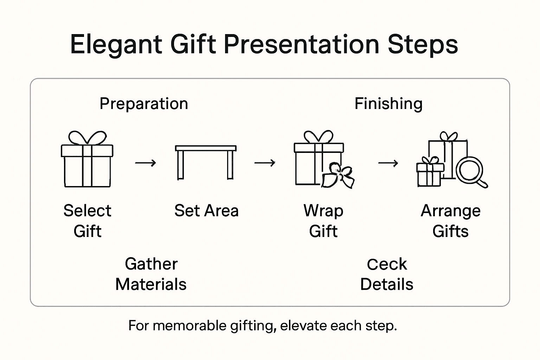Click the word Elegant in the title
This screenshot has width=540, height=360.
116,45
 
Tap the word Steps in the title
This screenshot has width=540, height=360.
423,45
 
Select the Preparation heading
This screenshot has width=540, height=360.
144,104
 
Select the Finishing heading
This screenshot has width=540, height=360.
388,104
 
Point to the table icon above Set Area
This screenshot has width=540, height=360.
206,162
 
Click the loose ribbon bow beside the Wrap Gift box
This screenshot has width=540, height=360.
337,175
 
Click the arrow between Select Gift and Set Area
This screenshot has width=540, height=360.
146,163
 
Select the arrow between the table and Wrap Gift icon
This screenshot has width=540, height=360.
265,163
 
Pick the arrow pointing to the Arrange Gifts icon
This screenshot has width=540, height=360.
388,163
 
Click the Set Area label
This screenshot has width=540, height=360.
206,211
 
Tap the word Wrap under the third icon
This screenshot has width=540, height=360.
323,211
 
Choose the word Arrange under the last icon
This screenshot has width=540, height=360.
450,211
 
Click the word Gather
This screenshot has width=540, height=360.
151,264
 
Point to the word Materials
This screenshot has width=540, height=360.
151,284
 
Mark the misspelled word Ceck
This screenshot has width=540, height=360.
387,264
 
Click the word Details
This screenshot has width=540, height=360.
387,284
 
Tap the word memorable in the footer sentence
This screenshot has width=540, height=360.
189,326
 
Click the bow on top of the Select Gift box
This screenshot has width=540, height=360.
87,138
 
